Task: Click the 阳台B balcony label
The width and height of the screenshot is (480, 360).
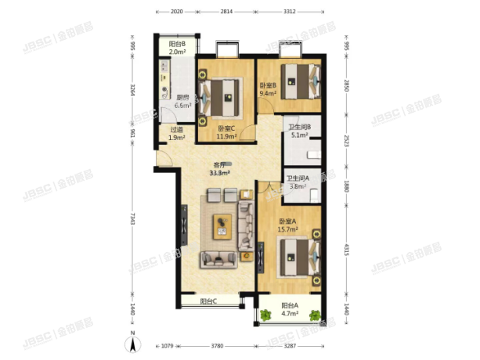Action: pyautogui.click(x=177, y=49)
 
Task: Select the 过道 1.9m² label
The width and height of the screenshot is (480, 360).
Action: pyautogui.click(x=177, y=133)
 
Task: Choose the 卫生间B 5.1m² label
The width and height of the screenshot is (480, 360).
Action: pyautogui.click(x=300, y=131)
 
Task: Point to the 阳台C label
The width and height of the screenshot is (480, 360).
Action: pyautogui.click(x=208, y=301)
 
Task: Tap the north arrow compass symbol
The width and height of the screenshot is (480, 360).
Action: pyautogui.click(x=135, y=343)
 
